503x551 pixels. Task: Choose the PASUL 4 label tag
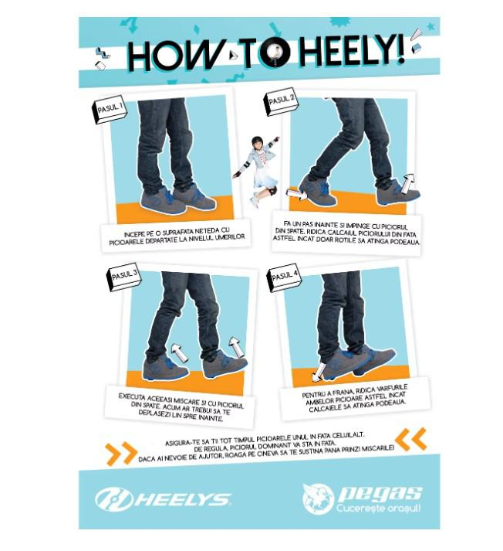tap(284, 276)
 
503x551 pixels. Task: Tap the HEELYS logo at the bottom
tap(162, 498)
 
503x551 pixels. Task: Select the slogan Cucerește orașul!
tap(378, 508)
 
